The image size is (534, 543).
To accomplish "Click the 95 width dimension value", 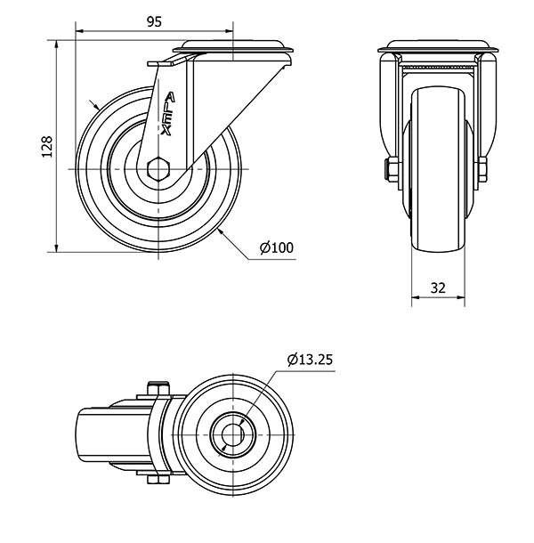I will (154, 23).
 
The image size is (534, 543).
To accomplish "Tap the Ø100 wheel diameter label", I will (276, 248).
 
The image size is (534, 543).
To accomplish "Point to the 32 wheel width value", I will (437, 288).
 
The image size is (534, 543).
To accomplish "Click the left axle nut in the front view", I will (390, 169).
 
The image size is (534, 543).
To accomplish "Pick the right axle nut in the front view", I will (481, 169).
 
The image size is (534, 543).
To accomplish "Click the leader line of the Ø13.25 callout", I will (268, 393).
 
